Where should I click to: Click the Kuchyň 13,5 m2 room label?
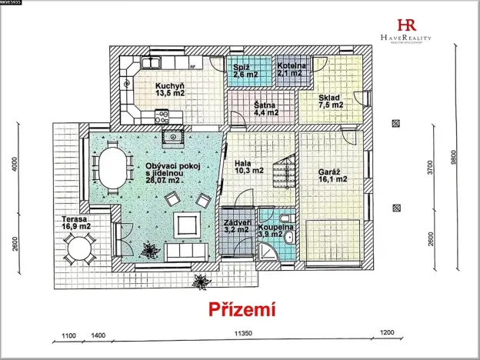[x=169, y=89]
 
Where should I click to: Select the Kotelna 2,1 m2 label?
[x=292, y=71]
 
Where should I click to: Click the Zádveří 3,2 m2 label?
[x=236, y=225]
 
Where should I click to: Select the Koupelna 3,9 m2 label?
[x=274, y=229]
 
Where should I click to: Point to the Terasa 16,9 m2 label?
[x=77, y=223]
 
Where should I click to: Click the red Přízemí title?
[x=242, y=309]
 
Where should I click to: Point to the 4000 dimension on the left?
[x=25, y=165]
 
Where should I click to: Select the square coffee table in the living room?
[x=187, y=225]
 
